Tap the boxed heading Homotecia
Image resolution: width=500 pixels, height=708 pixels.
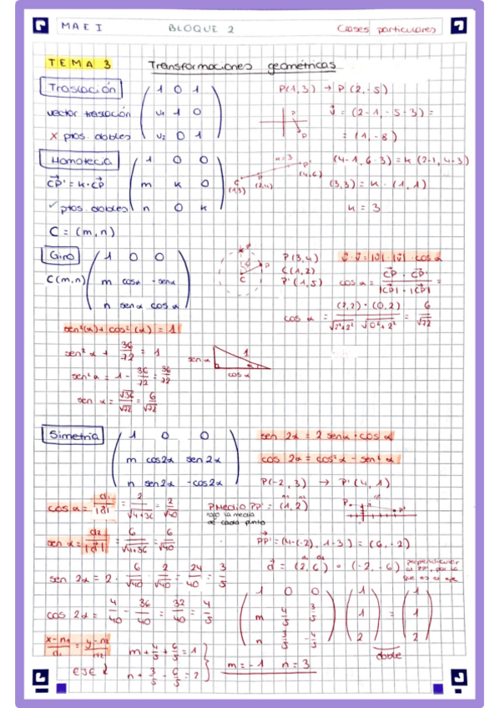coord(80,159)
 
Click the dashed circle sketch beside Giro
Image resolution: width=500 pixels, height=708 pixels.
coord(244,269)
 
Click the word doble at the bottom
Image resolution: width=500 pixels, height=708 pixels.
coord(387,655)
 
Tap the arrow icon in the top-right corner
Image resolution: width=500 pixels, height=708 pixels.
coord(457,27)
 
